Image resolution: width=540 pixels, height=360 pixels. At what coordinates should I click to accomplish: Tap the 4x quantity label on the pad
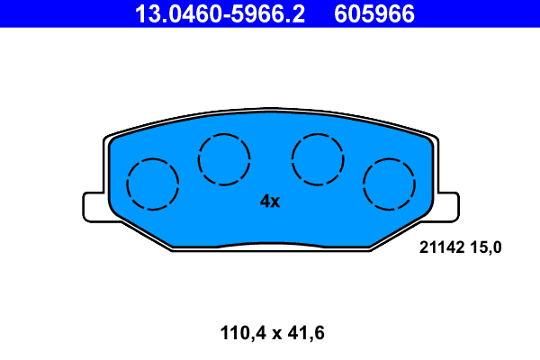(270, 202)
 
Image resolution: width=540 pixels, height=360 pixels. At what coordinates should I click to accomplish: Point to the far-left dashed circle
(152, 184)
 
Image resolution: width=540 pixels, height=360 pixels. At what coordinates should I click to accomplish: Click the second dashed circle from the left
(224, 159)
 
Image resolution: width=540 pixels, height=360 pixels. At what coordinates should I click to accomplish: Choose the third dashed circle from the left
(318, 159)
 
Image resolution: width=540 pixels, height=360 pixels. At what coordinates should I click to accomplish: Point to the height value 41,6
(303, 334)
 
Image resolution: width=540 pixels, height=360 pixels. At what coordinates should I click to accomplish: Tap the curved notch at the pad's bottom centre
(270, 243)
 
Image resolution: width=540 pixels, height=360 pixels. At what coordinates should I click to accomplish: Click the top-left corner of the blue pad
(112, 141)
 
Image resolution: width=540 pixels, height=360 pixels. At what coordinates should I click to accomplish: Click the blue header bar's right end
(531, 13)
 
